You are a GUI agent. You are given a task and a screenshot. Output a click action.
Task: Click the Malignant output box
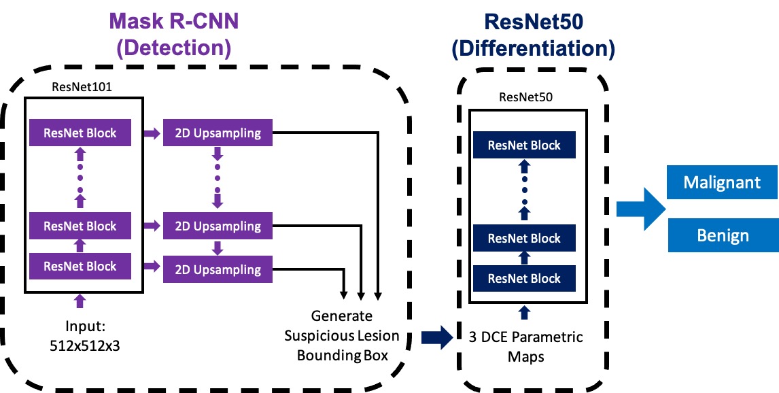point(723,183)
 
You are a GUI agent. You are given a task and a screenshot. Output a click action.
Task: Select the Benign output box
point(723,235)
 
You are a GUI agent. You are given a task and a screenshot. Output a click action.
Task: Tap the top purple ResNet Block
point(80,133)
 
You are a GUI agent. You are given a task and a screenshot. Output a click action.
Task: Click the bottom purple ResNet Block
point(80,267)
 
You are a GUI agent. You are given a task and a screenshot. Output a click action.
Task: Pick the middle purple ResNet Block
point(80,226)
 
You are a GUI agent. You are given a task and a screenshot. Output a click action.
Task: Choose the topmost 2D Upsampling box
point(218,133)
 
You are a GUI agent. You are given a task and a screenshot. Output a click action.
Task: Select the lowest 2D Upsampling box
point(218,269)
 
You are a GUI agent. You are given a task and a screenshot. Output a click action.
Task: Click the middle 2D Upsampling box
point(218,226)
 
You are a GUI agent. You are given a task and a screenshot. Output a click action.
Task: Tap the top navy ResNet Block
point(524,146)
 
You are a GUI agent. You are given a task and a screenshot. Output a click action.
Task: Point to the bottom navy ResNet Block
point(524,278)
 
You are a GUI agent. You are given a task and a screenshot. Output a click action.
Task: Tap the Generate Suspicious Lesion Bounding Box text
point(342,335)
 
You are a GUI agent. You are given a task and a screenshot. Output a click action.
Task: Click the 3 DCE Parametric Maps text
point(525,345)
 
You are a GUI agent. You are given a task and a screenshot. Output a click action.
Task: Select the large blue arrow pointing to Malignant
point(640,208)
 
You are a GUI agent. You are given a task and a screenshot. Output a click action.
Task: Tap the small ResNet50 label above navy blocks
point(525,97)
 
